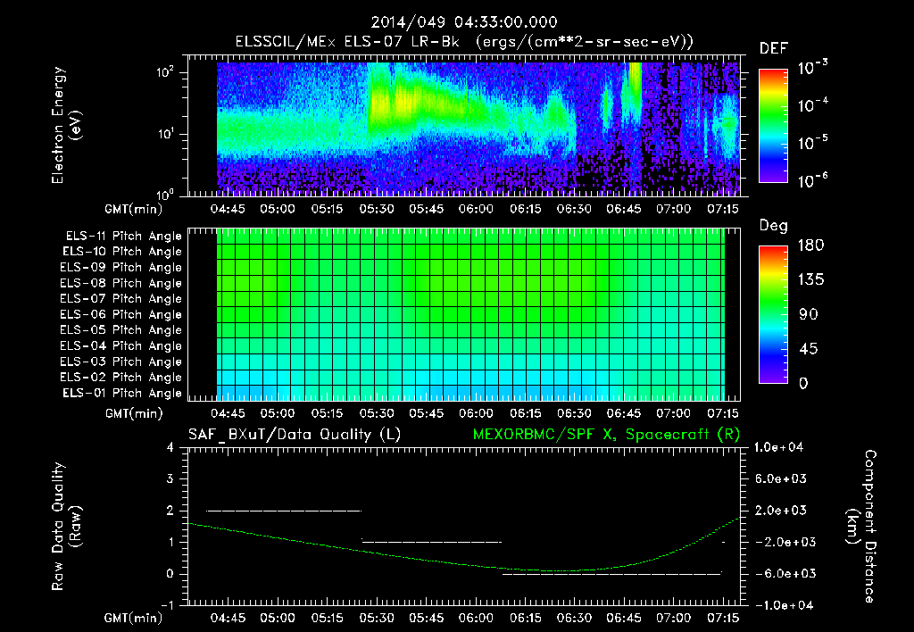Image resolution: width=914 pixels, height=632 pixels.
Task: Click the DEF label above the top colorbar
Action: pos(772,48)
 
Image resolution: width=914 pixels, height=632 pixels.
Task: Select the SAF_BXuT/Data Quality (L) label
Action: pos(293,434)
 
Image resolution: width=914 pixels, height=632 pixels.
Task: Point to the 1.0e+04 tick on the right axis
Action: pos(781,447)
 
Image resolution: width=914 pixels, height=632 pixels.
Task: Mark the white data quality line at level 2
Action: pos(284,511)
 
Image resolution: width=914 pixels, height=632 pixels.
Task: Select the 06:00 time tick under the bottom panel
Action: pos(476,617)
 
